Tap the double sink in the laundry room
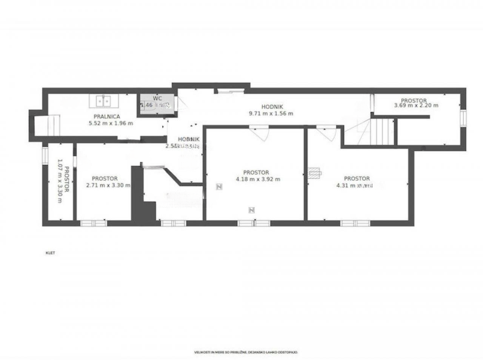(x=103, y=101)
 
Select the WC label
(x=157, y=98)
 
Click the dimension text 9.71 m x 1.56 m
(x=271, y=113)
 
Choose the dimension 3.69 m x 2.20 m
(x=416, y=106)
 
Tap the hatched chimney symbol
(x=314, y=172)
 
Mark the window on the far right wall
(x=463, y=117)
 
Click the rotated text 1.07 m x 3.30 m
(x=63, y=180)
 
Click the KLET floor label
(x=50, y=253)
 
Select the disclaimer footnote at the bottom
(x=246, y=352)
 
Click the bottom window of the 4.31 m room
(x=355, y=223)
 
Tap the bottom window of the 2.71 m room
(x=94, y=223)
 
